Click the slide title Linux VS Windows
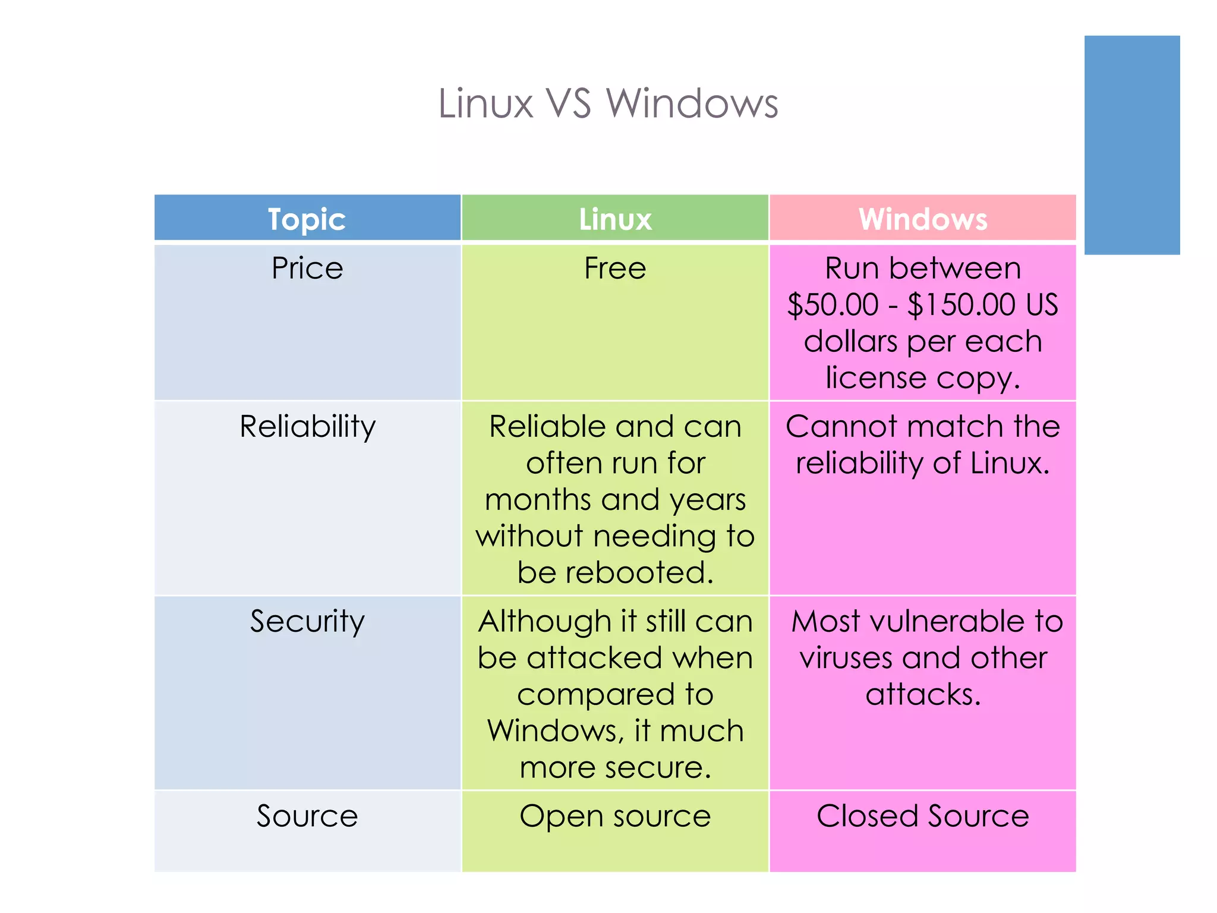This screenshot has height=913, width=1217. (608, 103)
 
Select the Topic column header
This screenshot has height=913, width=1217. (307, 219)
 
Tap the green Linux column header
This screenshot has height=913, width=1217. (615, 219)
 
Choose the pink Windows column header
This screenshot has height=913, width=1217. (923, 219)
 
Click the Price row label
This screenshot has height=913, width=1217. (307, 268)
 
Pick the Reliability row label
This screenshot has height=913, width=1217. (307, 427)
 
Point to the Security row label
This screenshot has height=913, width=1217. (307, 622)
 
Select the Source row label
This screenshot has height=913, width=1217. (307, 816)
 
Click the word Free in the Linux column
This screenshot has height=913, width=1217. (615, 268)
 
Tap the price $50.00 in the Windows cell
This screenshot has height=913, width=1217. (833, 305)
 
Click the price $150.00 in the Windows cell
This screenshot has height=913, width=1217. (961, 305)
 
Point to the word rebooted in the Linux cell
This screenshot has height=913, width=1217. (639, 572)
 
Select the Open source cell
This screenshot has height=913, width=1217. (615, 816)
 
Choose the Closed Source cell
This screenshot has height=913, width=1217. (923, 816)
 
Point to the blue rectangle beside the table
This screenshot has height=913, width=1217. (1132, 145)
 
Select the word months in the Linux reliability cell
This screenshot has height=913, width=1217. (538, 500)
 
